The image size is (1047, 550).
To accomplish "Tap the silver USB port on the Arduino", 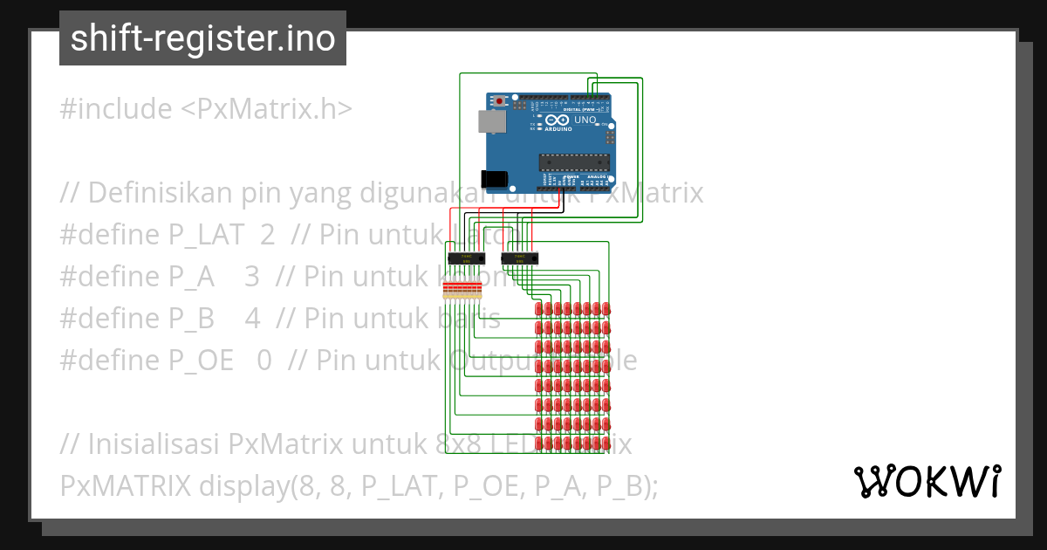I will pyautogui.click(x=492, y=121).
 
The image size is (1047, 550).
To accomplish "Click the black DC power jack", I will pyautogui.click(x=495, y=178).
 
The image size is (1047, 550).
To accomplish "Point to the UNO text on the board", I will pyautogui.click(x=585, y=120).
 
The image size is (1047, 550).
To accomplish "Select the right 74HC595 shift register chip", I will pyautogui.click(x=520, y=258).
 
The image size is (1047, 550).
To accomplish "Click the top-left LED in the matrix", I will pyautogui.click(x=538, y=309).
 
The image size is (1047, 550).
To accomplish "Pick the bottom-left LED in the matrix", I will pyautogui.click(x=538, y=444).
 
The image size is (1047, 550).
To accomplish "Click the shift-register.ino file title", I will pyautogui.click(x=202, y=38).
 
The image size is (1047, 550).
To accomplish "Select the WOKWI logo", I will pyautogui.click(x=927, y=481).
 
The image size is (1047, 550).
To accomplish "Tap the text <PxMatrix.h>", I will pyautogui.click(x=266, y=109).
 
